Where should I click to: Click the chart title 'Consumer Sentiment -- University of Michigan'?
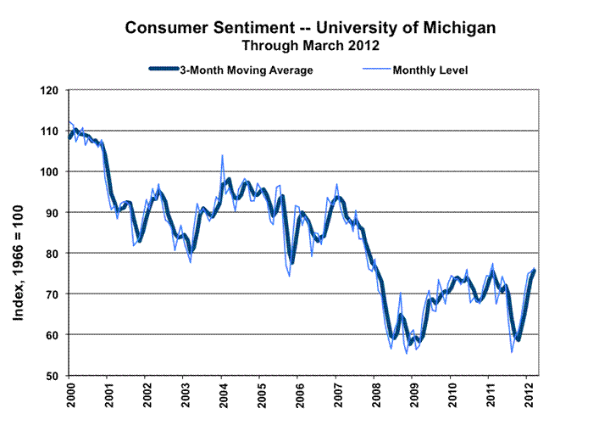coord(310,27)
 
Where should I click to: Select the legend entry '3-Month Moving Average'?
coord(246,70)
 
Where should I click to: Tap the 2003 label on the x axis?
coord(184,397)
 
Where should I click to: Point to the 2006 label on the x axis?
coord(298,397)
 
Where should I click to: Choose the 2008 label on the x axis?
coord(374,397)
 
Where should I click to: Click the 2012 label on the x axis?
coord(528,397)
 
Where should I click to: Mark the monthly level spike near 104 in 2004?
coord(222,156)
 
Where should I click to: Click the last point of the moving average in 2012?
coord(535,270)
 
